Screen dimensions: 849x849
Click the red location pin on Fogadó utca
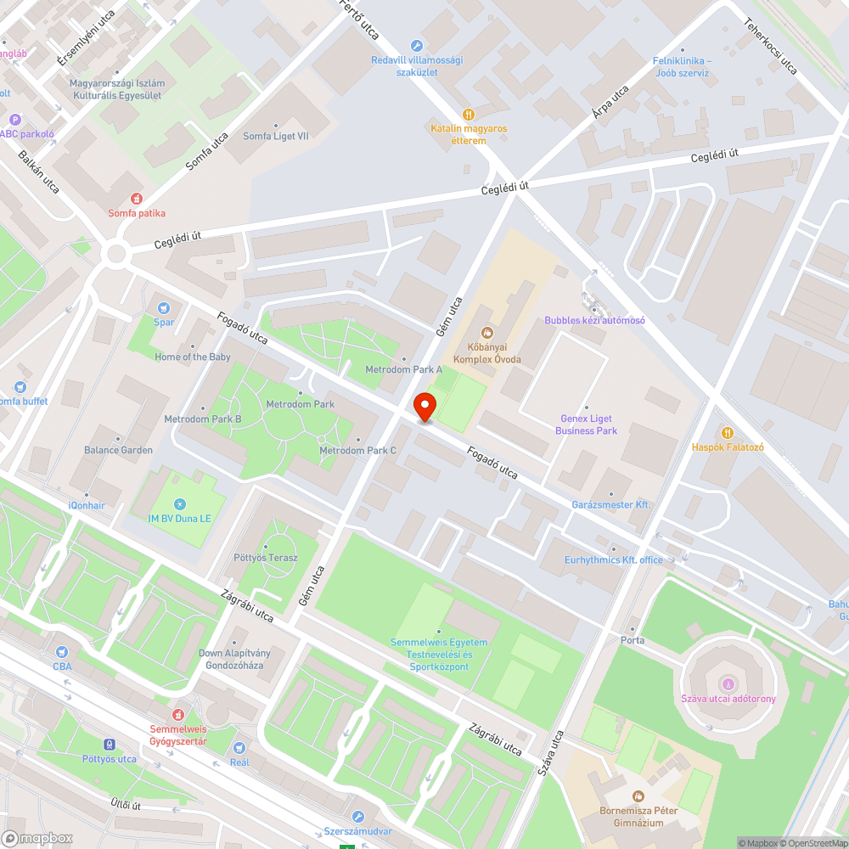[424, 407]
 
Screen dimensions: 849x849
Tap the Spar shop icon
[164, 307]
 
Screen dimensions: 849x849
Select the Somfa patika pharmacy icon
[136, 199]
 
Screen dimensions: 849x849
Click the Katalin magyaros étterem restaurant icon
[468, 114]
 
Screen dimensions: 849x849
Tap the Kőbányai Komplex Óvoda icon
[486, 332]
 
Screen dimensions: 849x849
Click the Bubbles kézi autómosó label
[594, 320]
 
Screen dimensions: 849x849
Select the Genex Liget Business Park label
[586, 424]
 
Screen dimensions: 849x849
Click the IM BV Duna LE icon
[179, 504]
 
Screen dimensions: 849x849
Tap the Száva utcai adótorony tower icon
[727, 684]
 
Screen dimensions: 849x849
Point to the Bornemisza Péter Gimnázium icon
[638, 796]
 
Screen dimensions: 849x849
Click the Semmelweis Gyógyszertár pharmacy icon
[178, 715]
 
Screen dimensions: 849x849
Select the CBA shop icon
[62, 652]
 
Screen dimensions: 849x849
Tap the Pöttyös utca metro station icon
[110, 745]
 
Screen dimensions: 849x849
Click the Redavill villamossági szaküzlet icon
[416, 45]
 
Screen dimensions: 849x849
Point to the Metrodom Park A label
[404, 370]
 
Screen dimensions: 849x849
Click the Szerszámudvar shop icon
[357, 817]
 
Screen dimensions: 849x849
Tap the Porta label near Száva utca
[633, 640]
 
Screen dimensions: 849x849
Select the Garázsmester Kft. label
[610, 504]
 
